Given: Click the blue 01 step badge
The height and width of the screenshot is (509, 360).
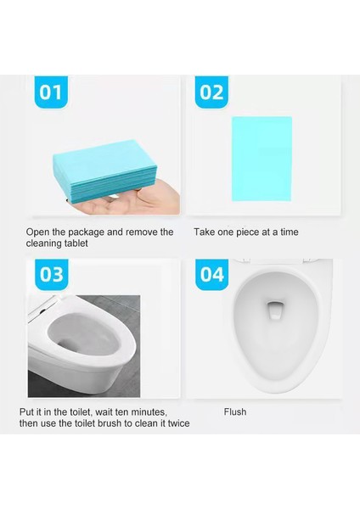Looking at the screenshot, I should [x=51, y=92].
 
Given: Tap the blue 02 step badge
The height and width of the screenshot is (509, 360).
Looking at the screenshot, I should [x=211, y=92].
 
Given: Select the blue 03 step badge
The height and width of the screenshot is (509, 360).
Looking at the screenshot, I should [x=51, y=274].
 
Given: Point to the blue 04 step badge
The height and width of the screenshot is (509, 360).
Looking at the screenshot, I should [x=211, y=274].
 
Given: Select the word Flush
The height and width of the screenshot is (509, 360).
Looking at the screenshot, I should [x=235, y=411].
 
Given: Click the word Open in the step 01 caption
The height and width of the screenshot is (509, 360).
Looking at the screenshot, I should [x=39, y=232].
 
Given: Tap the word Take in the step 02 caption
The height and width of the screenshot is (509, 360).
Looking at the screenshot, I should [x=205, y=232].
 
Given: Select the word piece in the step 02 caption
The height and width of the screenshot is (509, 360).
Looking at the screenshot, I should [x=253, y=232].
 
